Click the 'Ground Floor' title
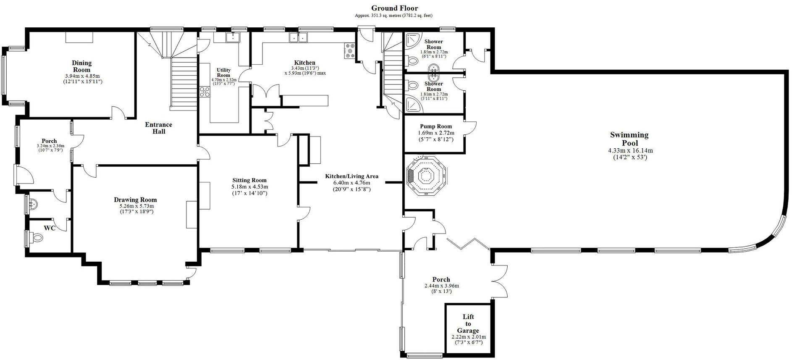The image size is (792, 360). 394,8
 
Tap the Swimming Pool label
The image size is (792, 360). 629,139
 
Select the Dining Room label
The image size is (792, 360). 81,66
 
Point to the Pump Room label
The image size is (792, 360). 436,126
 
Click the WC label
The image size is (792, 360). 50,229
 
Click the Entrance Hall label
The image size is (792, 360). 158,128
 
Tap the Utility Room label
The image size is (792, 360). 223,72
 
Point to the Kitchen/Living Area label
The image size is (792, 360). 351,176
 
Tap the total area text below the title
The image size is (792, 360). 393,16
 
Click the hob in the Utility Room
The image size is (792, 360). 205,92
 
